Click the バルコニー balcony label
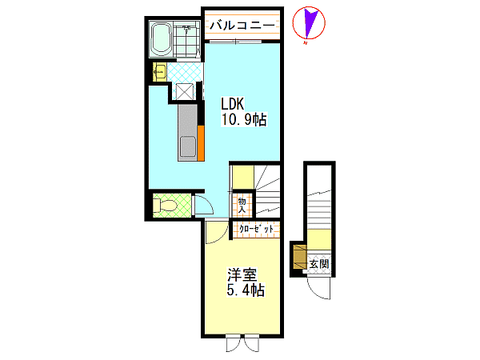(x=242, y=25)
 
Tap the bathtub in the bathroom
(x=162, y=39)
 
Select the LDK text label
(x=233, y=104)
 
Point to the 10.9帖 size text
(x=244, y=119)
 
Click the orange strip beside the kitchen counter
(x=201, y=142)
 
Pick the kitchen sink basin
(x=188, y=146)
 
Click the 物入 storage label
(x=242, y=206)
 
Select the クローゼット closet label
(x=256, y=230)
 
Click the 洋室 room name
(x=242, y=274)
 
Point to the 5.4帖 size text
(x=246, y=290)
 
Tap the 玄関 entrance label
(x=319, y=264)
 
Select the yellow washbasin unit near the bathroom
(x=159, y=72)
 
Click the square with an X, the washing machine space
(x=185, y=91)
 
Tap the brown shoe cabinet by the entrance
(x=300, y=257)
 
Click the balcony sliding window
(x=235, y=42)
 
